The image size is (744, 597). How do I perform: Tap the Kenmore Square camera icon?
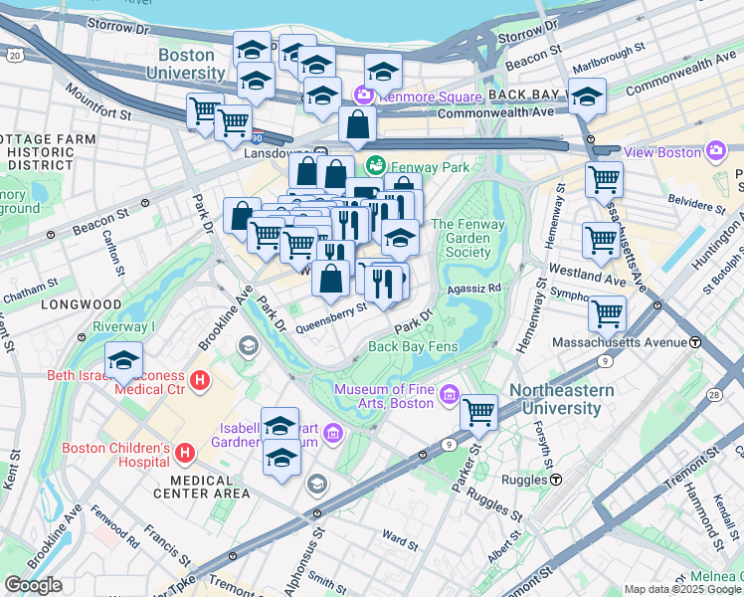pos(363,95)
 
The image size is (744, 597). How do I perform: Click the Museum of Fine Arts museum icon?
pos(450,396)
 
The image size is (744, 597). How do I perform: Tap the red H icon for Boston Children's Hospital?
pos(183,455)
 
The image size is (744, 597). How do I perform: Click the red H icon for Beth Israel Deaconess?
pos(199,380)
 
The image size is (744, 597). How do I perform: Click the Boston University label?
pos(186,65)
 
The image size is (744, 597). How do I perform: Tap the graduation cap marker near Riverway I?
pos(124,360)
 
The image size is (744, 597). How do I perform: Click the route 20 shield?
pos(12,55)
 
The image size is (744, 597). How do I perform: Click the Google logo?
pos(33,585)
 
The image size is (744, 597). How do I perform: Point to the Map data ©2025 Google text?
pos(681,589)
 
